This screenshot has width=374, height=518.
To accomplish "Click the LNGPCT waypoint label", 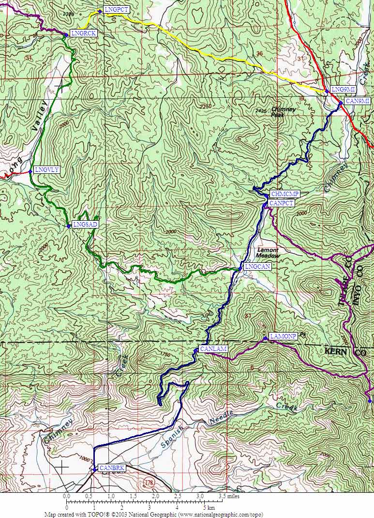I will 116,10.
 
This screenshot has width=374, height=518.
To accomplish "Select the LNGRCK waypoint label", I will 83,33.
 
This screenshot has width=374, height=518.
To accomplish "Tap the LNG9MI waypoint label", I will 344,90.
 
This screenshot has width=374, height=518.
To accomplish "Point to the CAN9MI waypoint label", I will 358,101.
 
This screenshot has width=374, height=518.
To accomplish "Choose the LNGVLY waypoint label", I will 47,169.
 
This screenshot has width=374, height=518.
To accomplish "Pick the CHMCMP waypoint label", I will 285,194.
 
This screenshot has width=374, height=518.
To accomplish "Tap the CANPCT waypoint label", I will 281,203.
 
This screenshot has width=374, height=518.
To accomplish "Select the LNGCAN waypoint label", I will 257,267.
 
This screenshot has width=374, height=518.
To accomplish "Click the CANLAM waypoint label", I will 213,349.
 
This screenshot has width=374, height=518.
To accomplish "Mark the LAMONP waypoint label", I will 283,336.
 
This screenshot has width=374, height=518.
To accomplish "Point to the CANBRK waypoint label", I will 112,468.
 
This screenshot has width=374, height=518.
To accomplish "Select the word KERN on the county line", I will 336,351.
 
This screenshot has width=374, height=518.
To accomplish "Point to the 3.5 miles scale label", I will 229,496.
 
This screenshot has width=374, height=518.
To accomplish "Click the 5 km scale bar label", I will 208,508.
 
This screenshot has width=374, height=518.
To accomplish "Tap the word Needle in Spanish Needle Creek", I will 222,418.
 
